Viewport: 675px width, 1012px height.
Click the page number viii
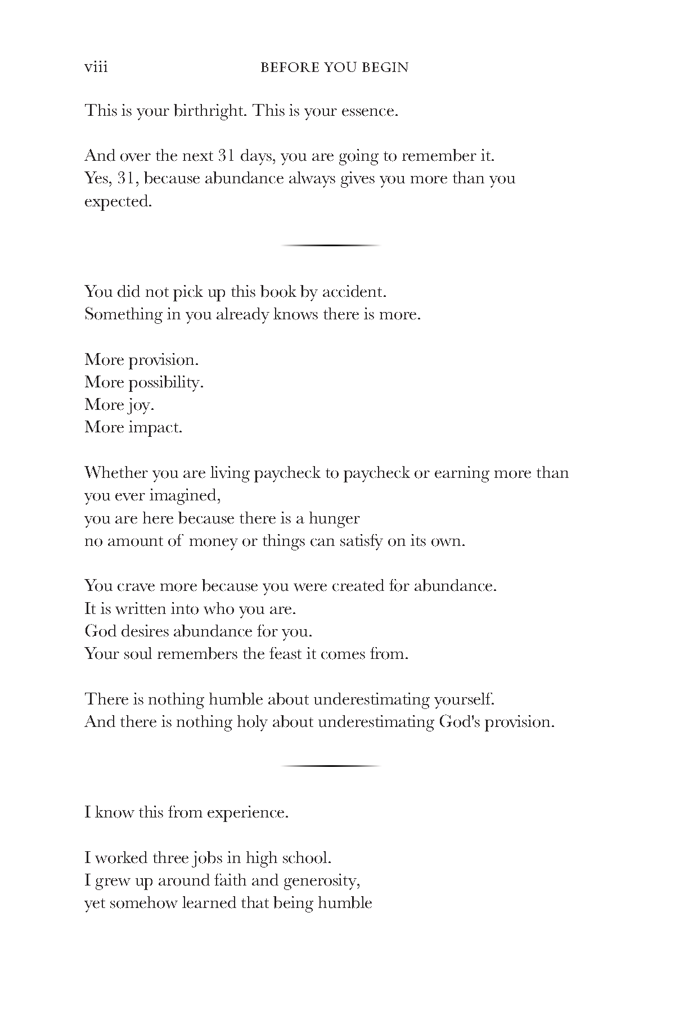coord(96,67)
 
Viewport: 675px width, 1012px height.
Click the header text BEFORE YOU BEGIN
coord(335,68)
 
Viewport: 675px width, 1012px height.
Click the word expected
coord(118,201)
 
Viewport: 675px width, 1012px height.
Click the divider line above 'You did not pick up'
coord(331,246)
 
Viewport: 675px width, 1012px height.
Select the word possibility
coord(166,383)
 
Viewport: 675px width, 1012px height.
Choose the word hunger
coord(334,518)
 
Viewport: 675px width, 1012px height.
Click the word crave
coord(137,586)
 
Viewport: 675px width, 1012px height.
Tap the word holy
coord(251,722)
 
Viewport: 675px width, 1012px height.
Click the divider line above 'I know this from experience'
coord(331,766)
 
